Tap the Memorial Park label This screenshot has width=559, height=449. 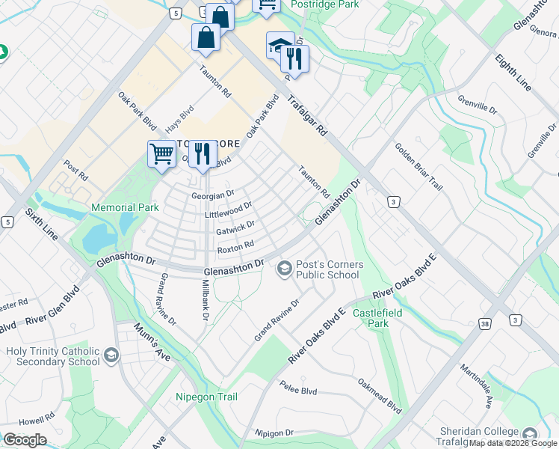[126, 207]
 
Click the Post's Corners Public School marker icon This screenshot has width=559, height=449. [284, 268]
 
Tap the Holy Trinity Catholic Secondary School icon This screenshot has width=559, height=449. [111, 355]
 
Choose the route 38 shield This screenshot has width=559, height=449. [485, 322]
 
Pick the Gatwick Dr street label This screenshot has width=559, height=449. [235, 224]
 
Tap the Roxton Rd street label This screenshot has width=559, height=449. [235, 246]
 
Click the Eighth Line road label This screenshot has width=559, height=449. [513, 72]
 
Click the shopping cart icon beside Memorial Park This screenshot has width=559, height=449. [161, 155]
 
